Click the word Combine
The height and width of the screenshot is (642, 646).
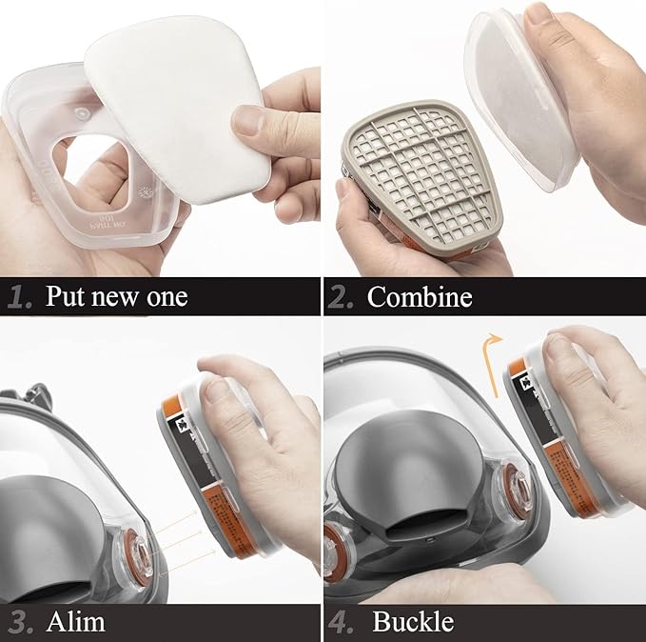pyautogui.click(x=420, y=297)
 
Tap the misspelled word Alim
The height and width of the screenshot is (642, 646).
pyautogui.click(x=75, y=623)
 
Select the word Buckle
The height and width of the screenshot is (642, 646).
pyautogui.click(x=413, y=623)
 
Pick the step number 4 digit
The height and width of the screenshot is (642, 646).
pyautogui.click(x=341, y=623)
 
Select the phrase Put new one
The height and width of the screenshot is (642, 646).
pyautogui.click(x=116, y=297)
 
